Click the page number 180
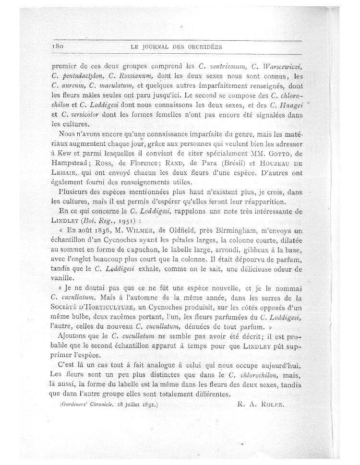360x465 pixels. pyautogui.click(x=58, y=46)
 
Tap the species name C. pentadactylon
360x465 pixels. pyautogui.click(x=77, y=75)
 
